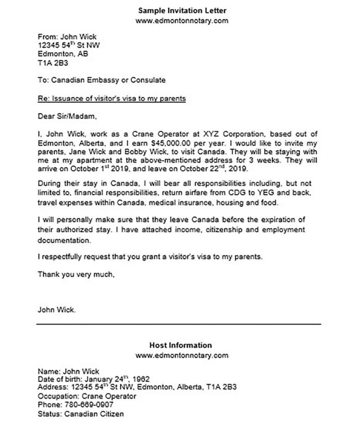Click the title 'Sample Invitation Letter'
182,10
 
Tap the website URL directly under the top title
182,20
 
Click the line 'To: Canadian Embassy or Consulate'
102,80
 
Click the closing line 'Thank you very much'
76,274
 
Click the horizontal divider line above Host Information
178,324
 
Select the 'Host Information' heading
180,345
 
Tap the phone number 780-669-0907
88,404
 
